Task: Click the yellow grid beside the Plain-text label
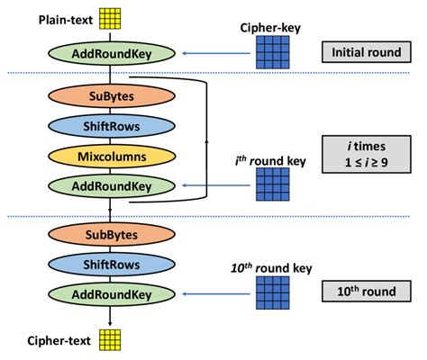pyautogui.click(x=110, y=17)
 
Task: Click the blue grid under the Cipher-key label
pyautogui.click(x=273, y=51)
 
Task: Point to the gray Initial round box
pyautogui.click(x=365, y=52)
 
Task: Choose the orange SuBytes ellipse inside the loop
pyautogui.click(x=109, y=94)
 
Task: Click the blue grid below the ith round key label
pyautogui.click(x=273, y=184)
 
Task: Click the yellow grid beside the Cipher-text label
pyautogui.click(x=109, y=339)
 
